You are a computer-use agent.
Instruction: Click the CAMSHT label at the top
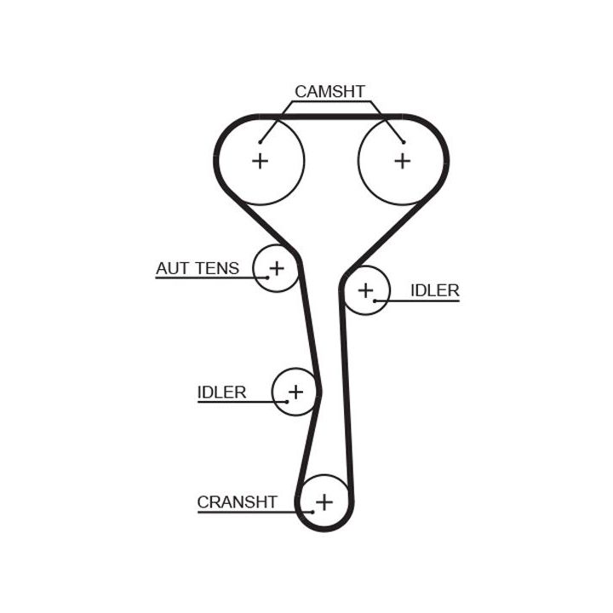pos(329,91)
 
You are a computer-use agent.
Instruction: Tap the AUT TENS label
pos(198,268)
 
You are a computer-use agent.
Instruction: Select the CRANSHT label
pos(237,501)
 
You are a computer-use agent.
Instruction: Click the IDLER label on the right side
pos(434,290)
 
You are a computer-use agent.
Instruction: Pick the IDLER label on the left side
pos(221,392)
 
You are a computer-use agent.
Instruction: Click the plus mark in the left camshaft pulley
pos(260,160)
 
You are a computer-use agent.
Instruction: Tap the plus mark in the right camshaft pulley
pos(403,160)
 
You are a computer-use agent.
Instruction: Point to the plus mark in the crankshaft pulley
pos(324,502)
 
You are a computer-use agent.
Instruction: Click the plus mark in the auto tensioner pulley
pos(276,269)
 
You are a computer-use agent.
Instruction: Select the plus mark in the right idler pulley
pos(365,290)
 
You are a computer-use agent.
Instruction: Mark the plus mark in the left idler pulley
pos(295,392)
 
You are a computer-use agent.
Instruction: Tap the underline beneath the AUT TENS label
pos(204,278)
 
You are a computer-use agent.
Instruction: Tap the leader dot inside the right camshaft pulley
pos(403,142)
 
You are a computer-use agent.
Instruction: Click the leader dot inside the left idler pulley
pos(287,402)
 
